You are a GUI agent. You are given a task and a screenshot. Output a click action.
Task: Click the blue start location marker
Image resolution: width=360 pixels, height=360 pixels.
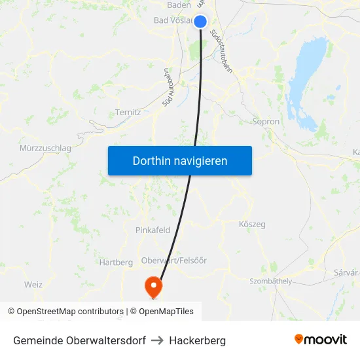(201, 22)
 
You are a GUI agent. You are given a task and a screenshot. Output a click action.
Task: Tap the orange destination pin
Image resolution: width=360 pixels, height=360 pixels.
(154, 285)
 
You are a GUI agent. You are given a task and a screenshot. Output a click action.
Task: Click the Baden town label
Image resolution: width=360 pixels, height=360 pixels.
(179, 5)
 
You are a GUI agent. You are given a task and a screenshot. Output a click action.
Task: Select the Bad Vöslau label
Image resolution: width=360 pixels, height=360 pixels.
(171, 20)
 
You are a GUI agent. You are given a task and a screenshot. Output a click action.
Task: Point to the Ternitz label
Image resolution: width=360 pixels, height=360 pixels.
(128, 112)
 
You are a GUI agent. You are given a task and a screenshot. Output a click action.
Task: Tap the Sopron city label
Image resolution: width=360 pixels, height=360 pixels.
(266, 122)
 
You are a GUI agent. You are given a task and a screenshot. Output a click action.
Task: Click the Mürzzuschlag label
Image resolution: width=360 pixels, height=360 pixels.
(45, 148)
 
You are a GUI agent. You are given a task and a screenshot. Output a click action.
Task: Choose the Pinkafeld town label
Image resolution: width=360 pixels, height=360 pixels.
(153, 230)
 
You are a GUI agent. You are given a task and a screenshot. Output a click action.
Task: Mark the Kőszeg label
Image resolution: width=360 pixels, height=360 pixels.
(252, 225)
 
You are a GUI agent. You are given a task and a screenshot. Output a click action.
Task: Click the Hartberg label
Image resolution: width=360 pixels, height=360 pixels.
(116, 262)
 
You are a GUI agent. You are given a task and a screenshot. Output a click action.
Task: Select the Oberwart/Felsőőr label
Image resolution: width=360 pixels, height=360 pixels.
(174, 261)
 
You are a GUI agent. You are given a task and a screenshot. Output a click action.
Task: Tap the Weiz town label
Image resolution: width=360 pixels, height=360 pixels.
(33, 284)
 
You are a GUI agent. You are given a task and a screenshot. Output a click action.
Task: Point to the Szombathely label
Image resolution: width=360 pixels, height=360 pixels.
(270, 281)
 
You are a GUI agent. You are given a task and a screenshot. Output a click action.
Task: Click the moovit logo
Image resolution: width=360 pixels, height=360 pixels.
(321, 340)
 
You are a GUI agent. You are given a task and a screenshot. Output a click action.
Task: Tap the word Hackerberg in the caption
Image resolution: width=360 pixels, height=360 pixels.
(197, 340)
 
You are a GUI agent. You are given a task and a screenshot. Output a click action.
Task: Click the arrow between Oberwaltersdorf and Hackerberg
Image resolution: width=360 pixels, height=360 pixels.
(157, 340)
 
